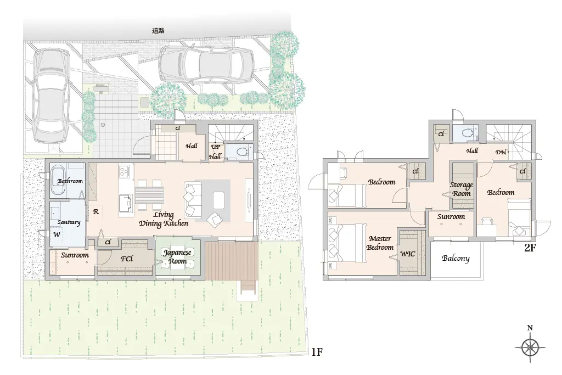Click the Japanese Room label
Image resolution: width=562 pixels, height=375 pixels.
click(177, 257)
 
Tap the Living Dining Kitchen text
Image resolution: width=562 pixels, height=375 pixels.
click(164, 219)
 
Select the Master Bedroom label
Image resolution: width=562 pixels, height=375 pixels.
click(380, 243)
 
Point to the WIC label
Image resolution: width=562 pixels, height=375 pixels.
click(408, 254)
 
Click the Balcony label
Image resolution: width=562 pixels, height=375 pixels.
click(456, 259)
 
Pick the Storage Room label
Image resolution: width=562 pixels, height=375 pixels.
click(461, 189)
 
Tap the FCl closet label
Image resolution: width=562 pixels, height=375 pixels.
click(127, 259)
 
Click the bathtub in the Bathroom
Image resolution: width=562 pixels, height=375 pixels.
click(58, 180)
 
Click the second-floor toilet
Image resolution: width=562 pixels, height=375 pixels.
click(466, 133)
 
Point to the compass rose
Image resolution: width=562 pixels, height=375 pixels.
click(530, 346)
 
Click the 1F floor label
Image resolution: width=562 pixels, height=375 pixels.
click(317, 352)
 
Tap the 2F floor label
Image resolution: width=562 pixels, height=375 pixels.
click(530, 248)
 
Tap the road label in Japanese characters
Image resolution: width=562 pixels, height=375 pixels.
click(158, 31)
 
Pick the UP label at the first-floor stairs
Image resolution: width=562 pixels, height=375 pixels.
click(216, 147)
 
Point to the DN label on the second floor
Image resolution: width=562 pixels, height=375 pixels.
click(501, 153)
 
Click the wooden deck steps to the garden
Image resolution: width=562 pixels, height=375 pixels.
click(248, 287)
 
